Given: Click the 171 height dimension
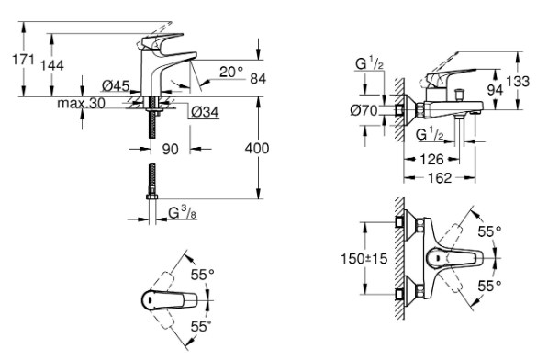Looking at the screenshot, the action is tap(23, 60).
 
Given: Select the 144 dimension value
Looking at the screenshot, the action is tap(52, 65).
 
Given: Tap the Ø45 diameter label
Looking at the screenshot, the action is tap(116, 85).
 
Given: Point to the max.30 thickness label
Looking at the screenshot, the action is tap(81, 103).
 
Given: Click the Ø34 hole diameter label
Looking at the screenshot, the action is tap(205, 112).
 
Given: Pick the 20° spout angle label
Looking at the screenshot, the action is tap(230, 72).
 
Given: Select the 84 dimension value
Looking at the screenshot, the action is tap(258, 78).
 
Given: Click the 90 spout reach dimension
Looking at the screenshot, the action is tap(170, 149).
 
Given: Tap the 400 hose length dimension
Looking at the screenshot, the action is tap(257, 148).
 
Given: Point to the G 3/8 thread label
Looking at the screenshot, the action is tap(183, 213).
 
